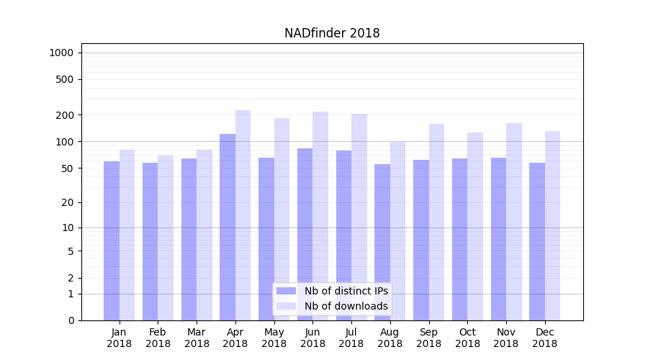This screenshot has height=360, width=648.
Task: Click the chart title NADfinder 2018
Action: tap(332, 33)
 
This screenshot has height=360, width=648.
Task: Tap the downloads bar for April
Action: tap(243, 215)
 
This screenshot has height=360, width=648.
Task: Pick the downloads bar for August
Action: tap(397, 230)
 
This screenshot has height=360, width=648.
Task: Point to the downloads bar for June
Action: tap(320, 216)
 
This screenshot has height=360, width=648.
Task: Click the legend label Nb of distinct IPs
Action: tap(346, 291)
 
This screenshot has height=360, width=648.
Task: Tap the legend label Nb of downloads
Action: tap(346, 306)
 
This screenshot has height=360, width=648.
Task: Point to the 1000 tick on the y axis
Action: tap(61, 53)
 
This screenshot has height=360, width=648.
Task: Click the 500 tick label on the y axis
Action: tap(65, 79)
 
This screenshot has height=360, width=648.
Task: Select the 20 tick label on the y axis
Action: tap(68, 202)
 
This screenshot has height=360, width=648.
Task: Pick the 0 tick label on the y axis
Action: tap(71, 320)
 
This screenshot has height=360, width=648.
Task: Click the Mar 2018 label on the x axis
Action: tap(197, 338)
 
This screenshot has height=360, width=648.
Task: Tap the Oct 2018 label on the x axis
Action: tap(467, 338)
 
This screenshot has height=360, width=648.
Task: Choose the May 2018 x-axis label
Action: tap(274, 338)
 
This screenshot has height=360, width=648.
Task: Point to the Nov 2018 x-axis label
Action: tap(506, 338)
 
